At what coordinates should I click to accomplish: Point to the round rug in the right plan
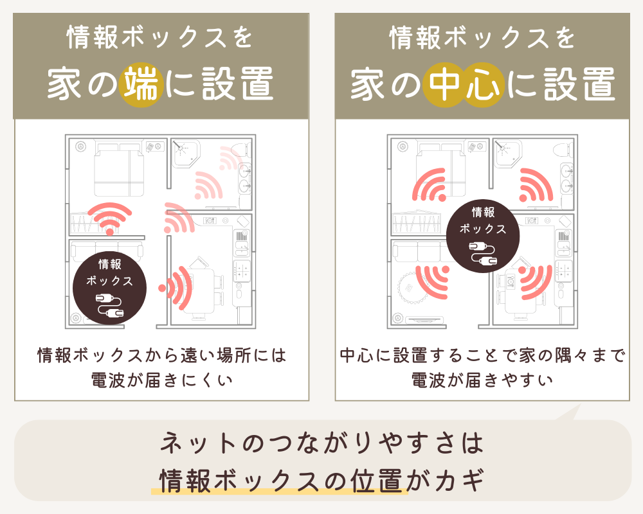click(x=412, y=289)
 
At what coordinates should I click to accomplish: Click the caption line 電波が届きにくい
click(x=161, y=380)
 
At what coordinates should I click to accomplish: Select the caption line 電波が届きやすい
click(x=482, y=380)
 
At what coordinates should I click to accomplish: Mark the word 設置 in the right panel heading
click(x=578, y=86)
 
